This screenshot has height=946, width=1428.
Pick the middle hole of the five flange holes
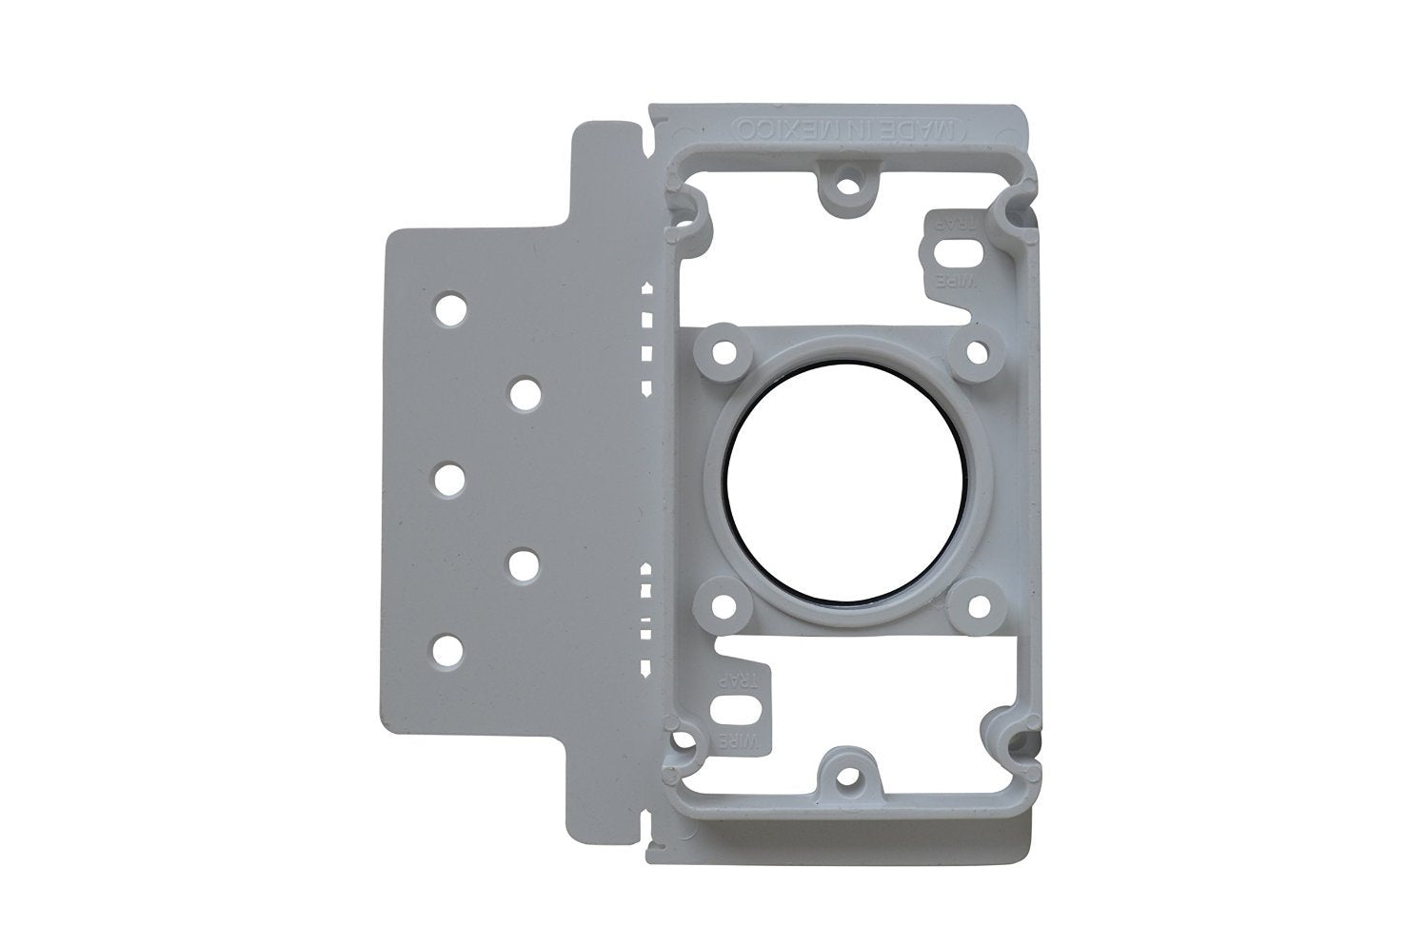pos(446,479)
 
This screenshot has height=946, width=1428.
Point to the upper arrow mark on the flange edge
pos(647,286)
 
